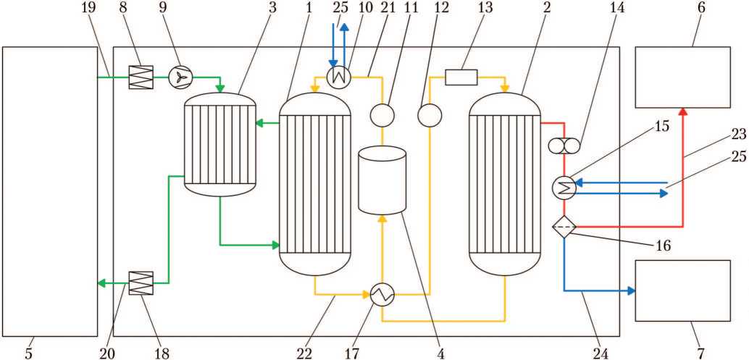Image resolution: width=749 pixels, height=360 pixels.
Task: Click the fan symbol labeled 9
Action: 180,77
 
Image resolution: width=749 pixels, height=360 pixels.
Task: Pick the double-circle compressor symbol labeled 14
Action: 564,146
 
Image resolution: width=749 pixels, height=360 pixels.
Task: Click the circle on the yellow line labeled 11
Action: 382,114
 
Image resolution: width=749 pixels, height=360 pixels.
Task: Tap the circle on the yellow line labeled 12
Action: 430,114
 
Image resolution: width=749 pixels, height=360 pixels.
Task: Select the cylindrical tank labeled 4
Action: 382,180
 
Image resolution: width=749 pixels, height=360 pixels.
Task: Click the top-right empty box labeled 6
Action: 683,78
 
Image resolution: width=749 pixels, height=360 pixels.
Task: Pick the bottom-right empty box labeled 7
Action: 683,290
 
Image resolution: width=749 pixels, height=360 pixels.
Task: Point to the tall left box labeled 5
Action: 50,191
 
